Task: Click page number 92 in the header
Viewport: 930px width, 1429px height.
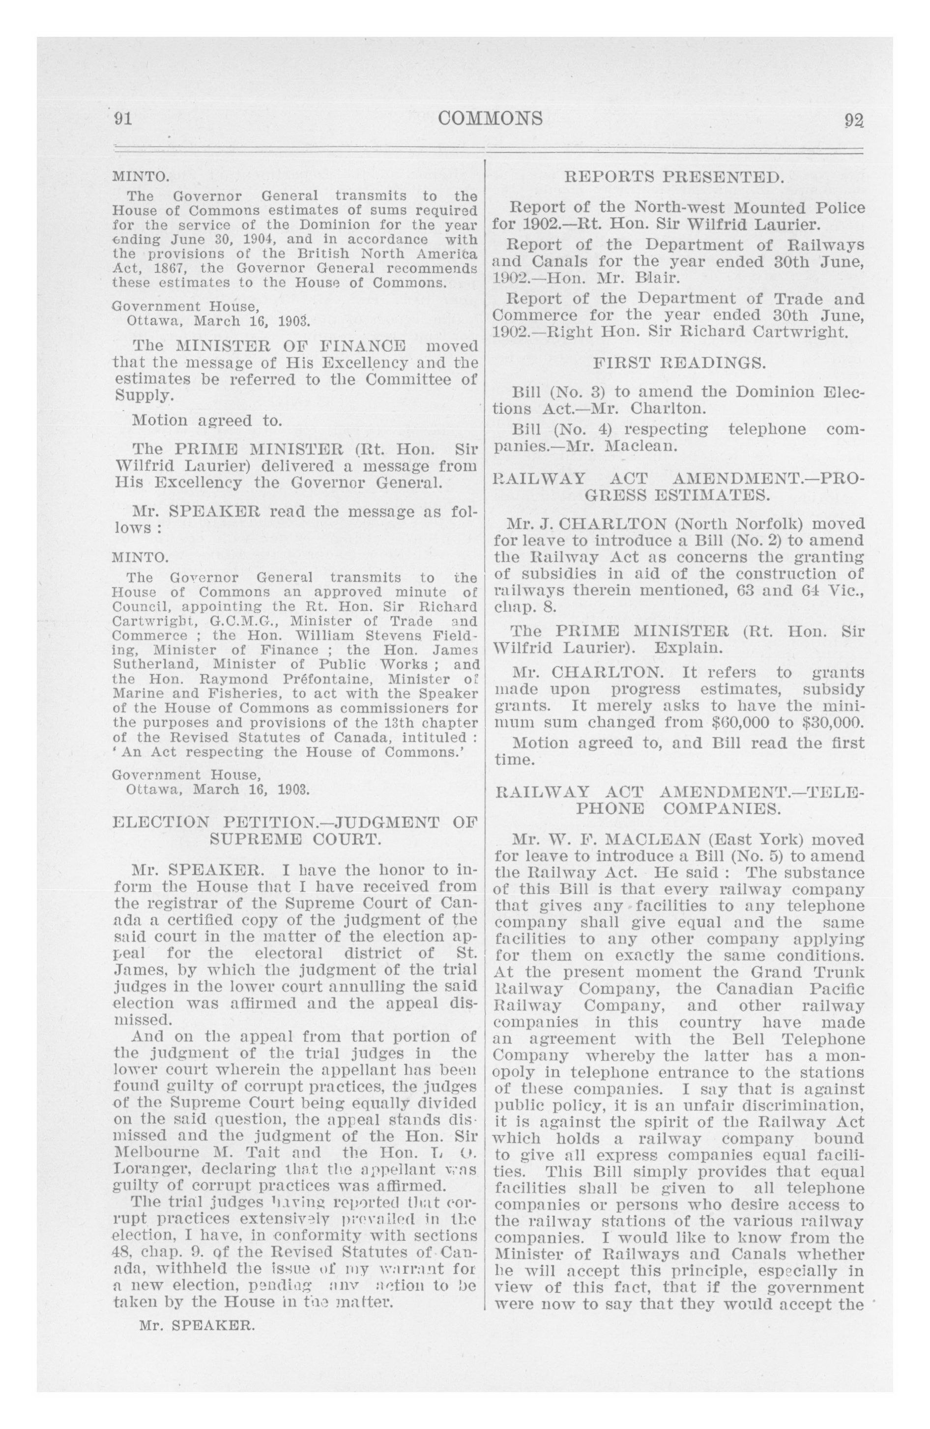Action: click(853, 119)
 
